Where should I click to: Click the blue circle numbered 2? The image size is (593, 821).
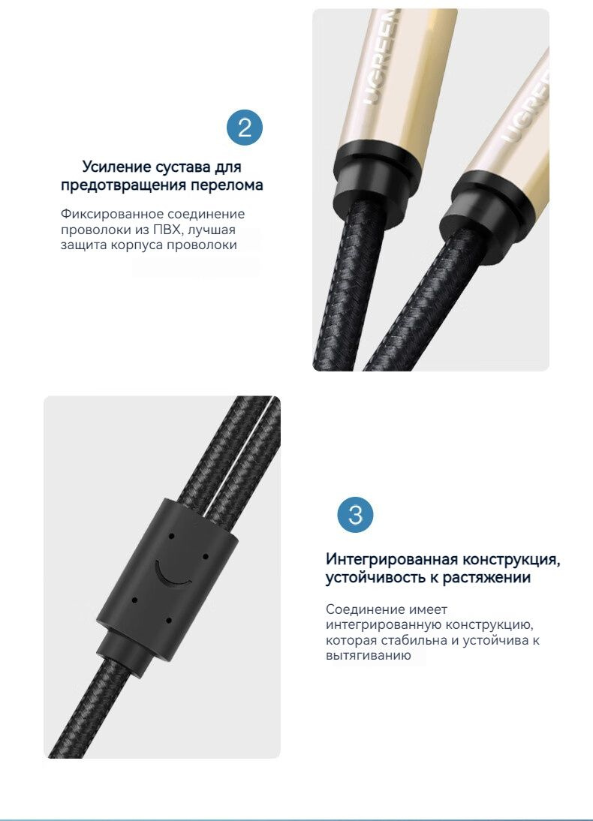pyautogui.click(x=245, y=128)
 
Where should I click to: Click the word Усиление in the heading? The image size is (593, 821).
pyautogui.click(x=116, y=167)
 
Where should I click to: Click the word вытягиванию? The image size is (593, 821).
pyautogui.click(x=369, y=656)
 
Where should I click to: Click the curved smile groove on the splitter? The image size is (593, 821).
pyautogui.click(x=171, y=576)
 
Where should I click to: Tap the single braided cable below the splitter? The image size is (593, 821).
pyautogui.click(x=89, y=707)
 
